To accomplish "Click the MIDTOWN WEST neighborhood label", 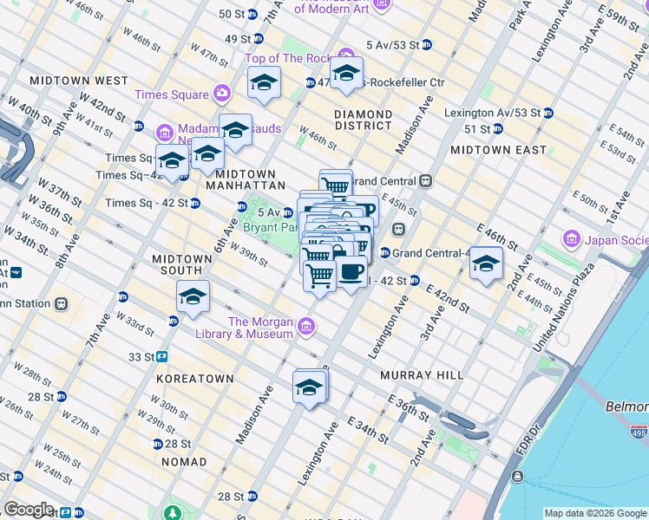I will (79, 81).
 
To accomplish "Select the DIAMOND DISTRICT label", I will (364, 120).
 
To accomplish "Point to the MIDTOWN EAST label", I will (499, 150).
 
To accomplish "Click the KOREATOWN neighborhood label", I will (195, 379).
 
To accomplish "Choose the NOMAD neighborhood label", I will (182, 462).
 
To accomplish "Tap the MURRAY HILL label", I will (422, 375).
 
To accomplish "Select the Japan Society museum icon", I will (572, 238).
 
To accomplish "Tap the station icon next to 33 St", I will (161, 356).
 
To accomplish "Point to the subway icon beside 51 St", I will (498, 129).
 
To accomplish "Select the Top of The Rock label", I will (288, 59).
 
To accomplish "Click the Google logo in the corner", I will (29, 510).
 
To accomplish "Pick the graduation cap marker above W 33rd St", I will (193, 297).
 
